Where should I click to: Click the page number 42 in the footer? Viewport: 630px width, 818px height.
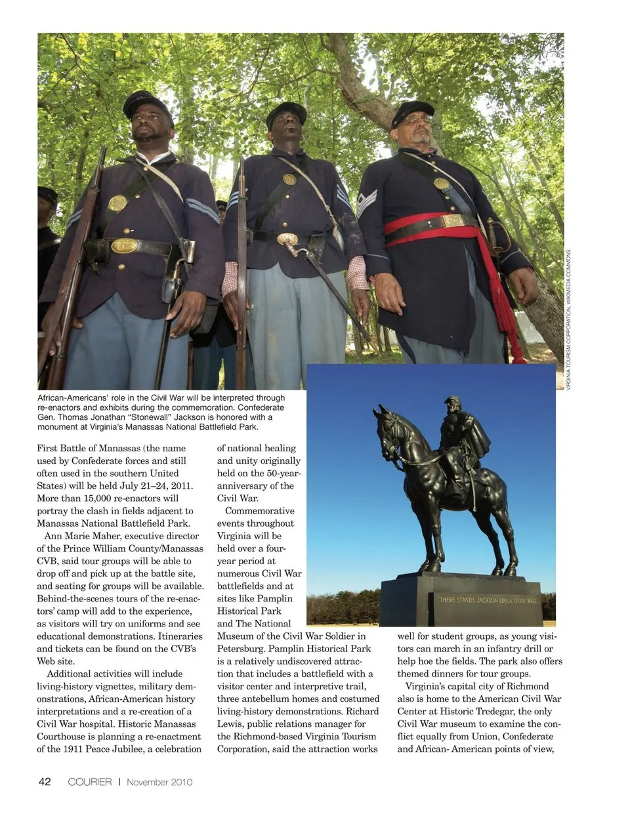click(x=45, y=781)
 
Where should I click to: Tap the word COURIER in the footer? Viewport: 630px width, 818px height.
click(x=90, y=782)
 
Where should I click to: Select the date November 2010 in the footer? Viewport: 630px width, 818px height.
click(x=159, y=782)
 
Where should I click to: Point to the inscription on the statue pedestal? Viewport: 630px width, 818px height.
click(x=488, y=600)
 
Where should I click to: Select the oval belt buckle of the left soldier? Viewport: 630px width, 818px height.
click(x=123, y=246)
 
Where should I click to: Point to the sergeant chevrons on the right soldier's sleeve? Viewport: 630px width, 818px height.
click(x=366, y=202)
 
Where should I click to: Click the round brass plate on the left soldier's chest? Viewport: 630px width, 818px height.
click(x=117, y=203)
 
